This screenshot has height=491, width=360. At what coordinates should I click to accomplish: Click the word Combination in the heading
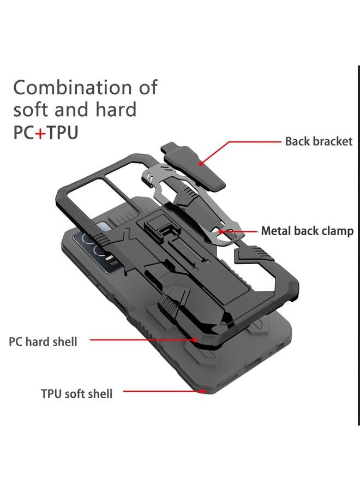tap(72, 88)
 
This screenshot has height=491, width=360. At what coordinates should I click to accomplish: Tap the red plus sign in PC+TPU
tap(40, 133)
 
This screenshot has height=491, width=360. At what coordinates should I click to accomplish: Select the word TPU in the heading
tap(63, 133)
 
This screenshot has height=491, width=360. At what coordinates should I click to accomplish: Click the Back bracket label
tap(319, 141)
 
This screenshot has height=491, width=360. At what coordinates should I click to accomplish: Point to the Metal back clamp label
tap(307, 231)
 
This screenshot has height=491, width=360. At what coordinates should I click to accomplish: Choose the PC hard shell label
tap(43, 342)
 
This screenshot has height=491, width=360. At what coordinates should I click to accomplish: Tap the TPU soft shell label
tap(76, 393)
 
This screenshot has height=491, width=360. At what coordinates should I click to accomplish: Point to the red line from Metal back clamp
tap(240, 231)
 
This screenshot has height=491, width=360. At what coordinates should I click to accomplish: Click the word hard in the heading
tap(115, 110)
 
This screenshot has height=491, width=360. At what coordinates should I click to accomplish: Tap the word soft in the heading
tap(33, 110)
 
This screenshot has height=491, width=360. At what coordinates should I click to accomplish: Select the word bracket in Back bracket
tap(333, 141)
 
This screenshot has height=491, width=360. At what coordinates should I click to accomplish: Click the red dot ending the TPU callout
tap(204, 391)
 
